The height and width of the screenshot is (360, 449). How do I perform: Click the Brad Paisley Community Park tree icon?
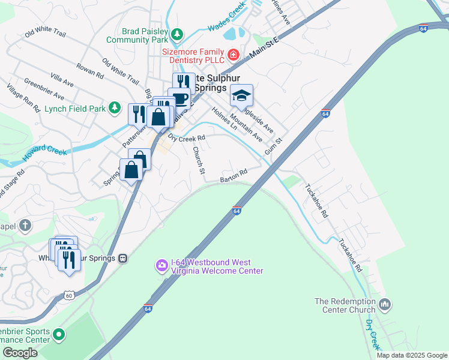coord(176,34)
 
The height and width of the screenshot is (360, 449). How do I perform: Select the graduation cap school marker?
coord(241,96)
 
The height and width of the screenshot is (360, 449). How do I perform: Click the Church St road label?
coord(199,161)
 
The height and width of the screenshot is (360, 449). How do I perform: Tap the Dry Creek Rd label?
coord(187,138)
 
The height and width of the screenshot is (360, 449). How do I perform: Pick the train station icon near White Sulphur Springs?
coord(123,258)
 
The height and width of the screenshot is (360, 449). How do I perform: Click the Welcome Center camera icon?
coord(161,265)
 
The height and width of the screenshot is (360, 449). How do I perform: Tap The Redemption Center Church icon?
coord(385,305)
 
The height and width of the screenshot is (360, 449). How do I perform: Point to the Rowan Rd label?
coord(91,71)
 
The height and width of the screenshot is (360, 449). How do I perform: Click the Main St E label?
coord(265,49)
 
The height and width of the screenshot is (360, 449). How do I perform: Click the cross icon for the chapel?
coord(25,226)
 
